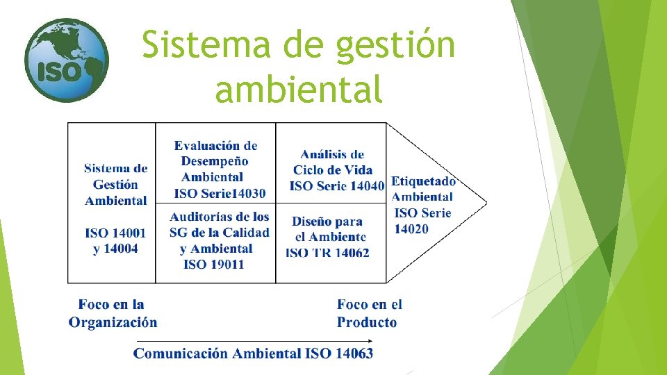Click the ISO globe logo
click(x=66, y=60)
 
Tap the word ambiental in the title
click(x=299, y=89)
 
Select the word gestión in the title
click(x=396, y=47)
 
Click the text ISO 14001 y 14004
click(x=115, y=240)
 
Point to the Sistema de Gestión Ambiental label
click(x=115, y=184)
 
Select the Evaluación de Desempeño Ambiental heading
click(x=215, y=161)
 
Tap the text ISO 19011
click(x=214, y=265)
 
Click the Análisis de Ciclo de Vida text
click(x=332, y=162)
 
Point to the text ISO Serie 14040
click(x=336, y=185)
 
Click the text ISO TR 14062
click(x=327, y=253)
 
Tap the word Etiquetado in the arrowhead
click(x=423, y=181)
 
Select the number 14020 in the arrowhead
click(x=411, y=229)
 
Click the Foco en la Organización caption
click(x=113, y=313)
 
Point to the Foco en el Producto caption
click(x=369, y=313)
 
